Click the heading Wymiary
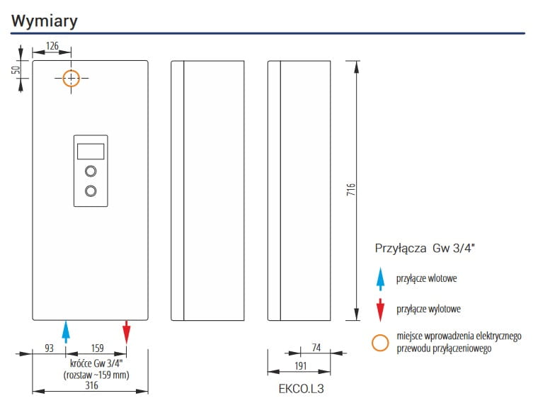point(44,21)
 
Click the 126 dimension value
point(52,46)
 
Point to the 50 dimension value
point(16,69)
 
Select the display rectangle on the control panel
point(91,152)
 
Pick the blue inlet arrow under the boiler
point(66,331)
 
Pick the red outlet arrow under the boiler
point(127,332)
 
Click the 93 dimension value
point(50,348)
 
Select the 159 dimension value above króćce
point(98,348)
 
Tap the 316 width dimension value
point(92,386)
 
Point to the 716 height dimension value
point(351,189)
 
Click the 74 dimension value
point(316,348)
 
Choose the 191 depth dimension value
point(301,366)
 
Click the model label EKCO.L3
point(301,389)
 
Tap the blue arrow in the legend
point(380,279)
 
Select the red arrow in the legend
point(380,310)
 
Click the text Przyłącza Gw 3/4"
point(425,248)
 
